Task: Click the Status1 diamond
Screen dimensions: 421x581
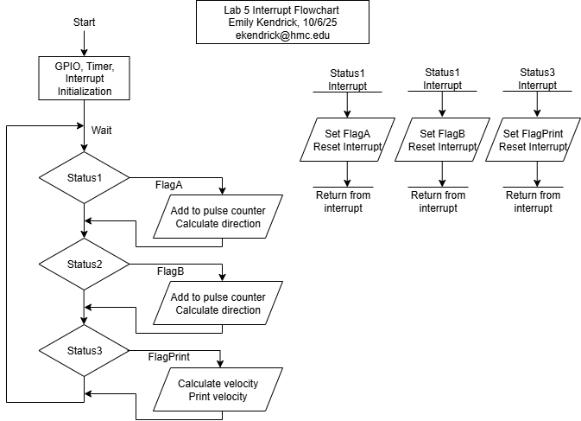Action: pos(85,178)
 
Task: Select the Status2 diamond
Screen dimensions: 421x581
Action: pos(85,264)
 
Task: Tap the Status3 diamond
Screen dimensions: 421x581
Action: pos(85,351)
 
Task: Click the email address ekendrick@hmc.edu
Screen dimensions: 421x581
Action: pos(283,36)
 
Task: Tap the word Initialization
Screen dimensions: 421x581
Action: pos(85,91)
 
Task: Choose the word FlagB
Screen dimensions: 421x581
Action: pos(451,134)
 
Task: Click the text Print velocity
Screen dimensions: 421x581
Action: pos(218,397)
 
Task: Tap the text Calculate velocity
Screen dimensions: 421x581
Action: pos(218,384)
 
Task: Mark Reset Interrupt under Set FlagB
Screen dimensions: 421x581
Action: pos(442,147)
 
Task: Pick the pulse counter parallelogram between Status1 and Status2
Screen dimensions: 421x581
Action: pos(218,217)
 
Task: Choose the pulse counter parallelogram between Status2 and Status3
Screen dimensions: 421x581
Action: pos(218,303)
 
